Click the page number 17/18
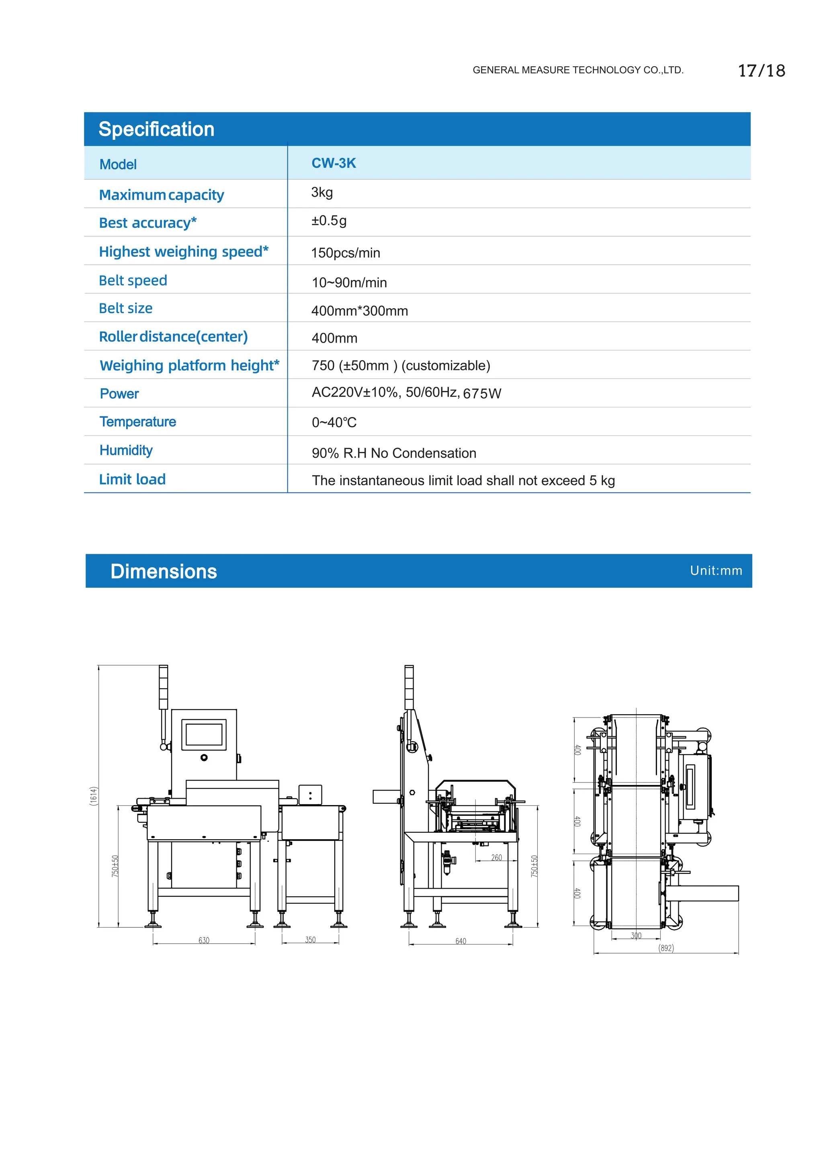[x=761, y=71]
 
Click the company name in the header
[x=578, y=70]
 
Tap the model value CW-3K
[x=334, y=163]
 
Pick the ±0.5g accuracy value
[x=328, y=221]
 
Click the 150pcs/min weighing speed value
[x=345, y=253]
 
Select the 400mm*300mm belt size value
[x=359, y=311]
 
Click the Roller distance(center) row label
[x=173, y=336]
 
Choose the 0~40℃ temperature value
[x=334, y=423]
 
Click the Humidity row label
[x=126, y=450]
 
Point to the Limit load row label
[x=132, y=479]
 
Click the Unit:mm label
[x=716, y=571]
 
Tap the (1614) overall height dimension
[x=93, y=796]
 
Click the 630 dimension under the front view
[x=204, y=940]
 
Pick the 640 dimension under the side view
[x=461, y=941]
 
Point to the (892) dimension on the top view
[x=666, y=948]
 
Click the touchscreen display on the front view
[x=204, y=734]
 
